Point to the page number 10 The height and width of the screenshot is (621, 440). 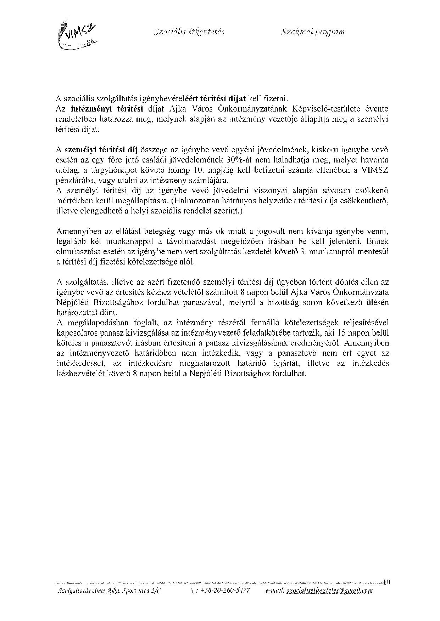point(386,581)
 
